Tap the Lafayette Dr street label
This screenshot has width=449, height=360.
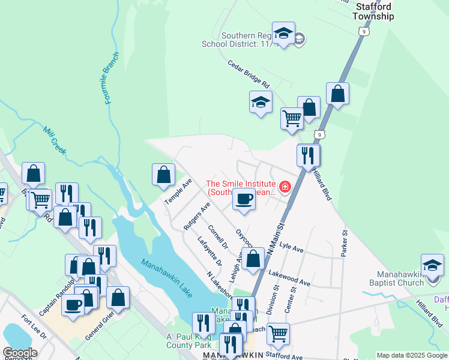click(209, 252)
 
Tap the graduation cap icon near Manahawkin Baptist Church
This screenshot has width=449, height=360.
click(432, 265)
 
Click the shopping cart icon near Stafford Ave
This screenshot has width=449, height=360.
click(278, 333)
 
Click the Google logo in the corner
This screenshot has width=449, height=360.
click(20, 352)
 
